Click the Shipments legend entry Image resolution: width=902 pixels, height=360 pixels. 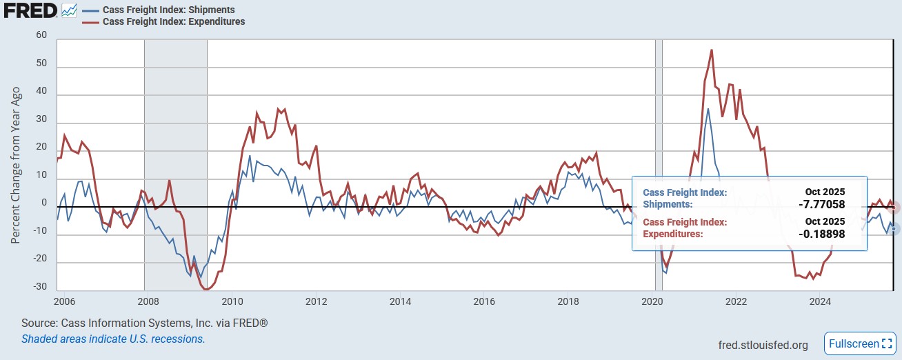pyautogui.click(x=168, y=10)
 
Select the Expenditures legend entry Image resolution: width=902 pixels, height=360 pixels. pyautogui.click(x=173, y=21)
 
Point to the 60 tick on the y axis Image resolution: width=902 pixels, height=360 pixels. pyautogui.click(x=41, y=35)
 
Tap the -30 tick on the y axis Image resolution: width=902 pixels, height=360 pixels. pyautogui.click(x=40, y=286)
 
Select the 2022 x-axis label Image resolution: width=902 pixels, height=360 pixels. pyautogui.click(x=736, y=301)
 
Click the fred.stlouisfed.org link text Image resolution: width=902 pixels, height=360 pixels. pyautogui.click(x=763, y=345)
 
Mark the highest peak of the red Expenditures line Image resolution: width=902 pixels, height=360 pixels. pyautogui.click(x=711, y=50)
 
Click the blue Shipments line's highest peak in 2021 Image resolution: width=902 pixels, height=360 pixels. pyautogui.click(x=708, y=109)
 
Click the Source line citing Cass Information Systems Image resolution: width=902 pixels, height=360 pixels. pyautogui.click(x=144, y=323)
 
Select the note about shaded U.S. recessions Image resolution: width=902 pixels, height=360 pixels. pyautogui.click(x=113, y=339)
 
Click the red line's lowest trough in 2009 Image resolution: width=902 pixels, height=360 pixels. pyautogui.click(x=206, y=289)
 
